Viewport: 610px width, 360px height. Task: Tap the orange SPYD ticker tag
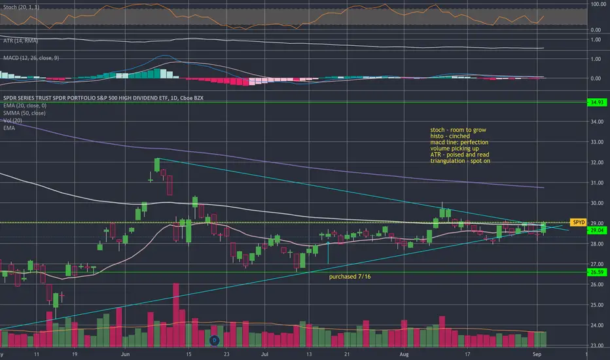pos(579,223)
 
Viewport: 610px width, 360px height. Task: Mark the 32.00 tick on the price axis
pos(596,162)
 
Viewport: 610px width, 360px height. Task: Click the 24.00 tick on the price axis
pos(596,325)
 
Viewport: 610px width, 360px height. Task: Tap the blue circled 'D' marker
pos(213,340)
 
